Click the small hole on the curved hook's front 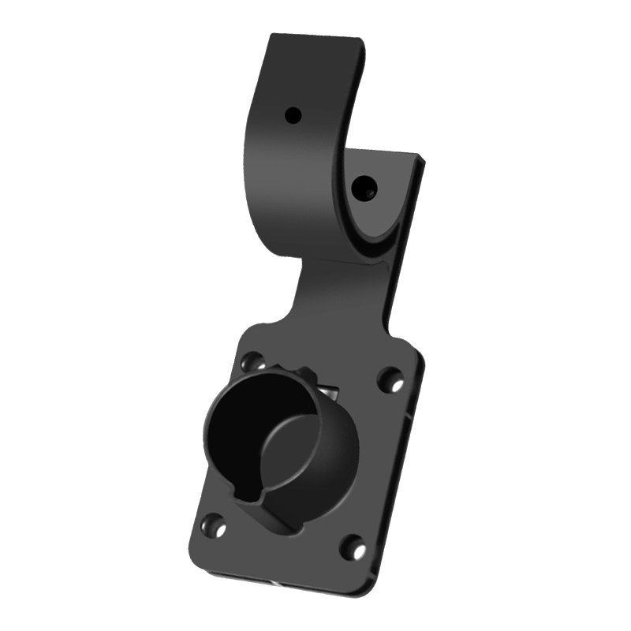tap(293, 115)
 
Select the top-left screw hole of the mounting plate tap(254, 361)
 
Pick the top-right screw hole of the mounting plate tap(390, 380)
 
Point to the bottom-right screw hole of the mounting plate tap(353, 546)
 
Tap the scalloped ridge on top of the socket tap(296, 371)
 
